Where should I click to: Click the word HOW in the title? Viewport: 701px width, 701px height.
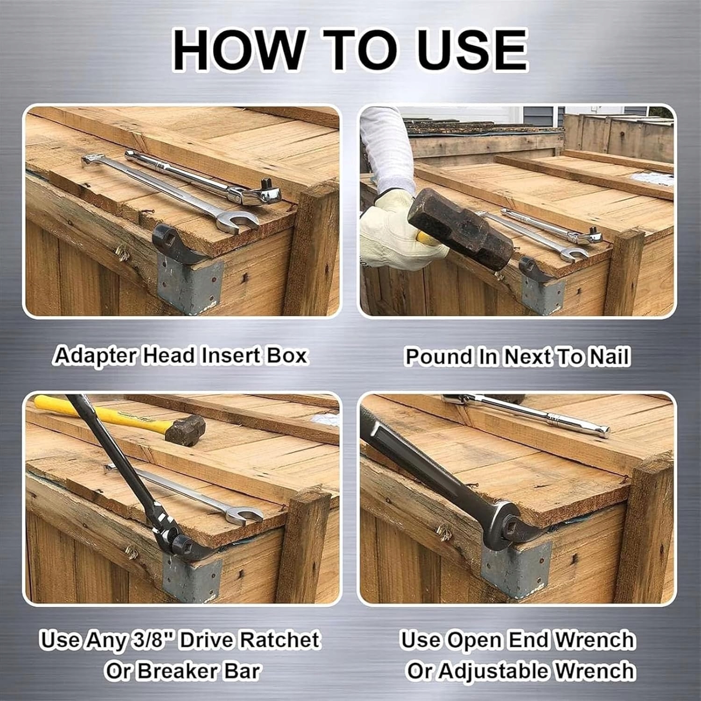click(238, 50)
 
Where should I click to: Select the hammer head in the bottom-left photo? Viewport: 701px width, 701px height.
click(185, 429)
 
